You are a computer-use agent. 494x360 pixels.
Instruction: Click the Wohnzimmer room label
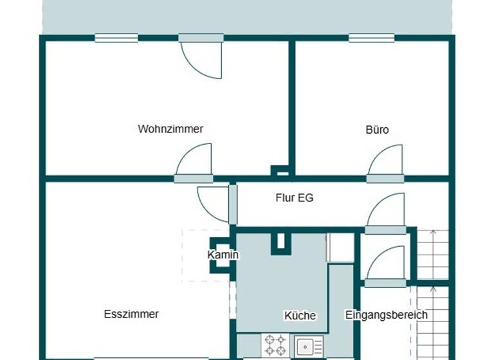click(170, 129)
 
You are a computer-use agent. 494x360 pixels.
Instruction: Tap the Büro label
click(377, 129)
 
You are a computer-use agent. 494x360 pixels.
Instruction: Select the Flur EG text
click(295, 198)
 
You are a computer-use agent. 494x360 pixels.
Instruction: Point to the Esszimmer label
click(131, 314)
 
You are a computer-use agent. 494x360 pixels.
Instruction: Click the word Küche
click(300, 316)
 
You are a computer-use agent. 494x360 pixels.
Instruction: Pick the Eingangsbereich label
click(386, 315)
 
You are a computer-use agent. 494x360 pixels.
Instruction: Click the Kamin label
click(223, 255)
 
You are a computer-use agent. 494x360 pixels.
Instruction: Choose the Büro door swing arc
click(387, 160)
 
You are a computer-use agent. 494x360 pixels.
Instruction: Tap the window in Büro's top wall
click(371, 38)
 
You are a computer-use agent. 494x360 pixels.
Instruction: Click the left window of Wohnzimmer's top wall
click(116, 38)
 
